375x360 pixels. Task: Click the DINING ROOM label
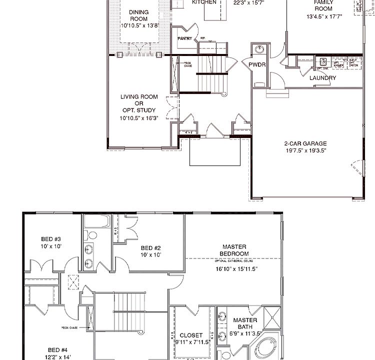click(x=138, y=15)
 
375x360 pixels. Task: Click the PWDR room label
click(x=259, y=64)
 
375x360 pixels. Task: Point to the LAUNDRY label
click(x=322, y=78)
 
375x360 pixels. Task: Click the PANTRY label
click(x=184, y=38)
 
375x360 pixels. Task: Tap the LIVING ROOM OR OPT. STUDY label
click(x=138, y=103)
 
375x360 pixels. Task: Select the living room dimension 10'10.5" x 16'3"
click(x=138, y=118)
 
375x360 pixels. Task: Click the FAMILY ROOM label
click(x=323, y=5)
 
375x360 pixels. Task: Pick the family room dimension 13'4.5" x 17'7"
click(x=323, y=16)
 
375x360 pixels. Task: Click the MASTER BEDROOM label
click(x=234, y=250)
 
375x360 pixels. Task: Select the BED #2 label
click(x=150, y=248)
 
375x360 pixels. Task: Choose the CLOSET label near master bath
click(x=191, y=335)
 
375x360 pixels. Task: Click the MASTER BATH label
click(x=245, y=323)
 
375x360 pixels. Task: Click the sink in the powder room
click(x=259, y=49)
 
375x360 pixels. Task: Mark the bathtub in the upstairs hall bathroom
click(x=97, y=221)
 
